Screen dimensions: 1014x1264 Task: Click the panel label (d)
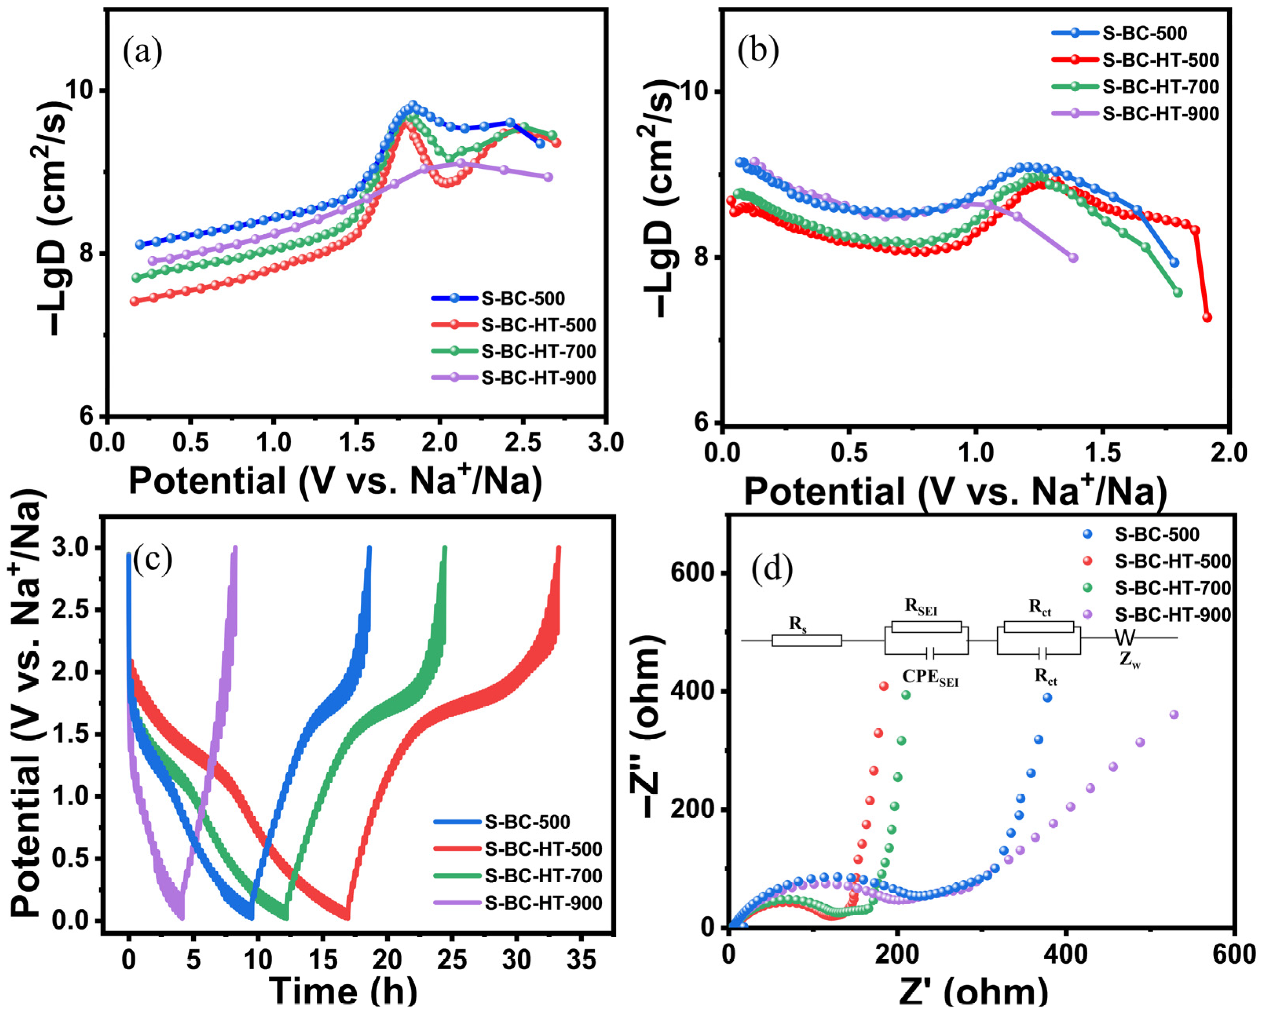pos(771,569)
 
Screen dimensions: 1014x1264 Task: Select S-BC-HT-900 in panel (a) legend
pos(538,378)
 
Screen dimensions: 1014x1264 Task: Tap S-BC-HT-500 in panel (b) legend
pos(1160,60)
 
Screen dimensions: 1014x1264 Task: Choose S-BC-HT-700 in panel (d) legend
pos(1173,588)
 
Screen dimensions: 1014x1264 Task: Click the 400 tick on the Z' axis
pos(1066,955)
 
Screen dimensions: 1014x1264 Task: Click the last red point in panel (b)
pos(1207,317)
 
